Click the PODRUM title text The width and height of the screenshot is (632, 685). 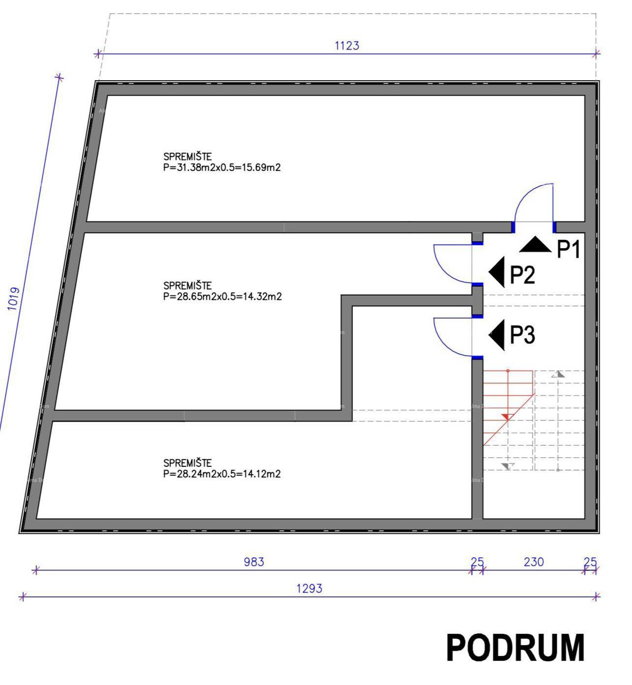(515, 648)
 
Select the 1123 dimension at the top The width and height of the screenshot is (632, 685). (347, 46)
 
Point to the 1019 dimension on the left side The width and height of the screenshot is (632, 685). (14, 299)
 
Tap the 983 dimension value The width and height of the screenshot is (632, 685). (254, 562)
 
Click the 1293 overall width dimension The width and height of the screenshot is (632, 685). (309, 588)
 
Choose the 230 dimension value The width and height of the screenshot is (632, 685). (534, 562)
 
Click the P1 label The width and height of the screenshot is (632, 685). (569, 249)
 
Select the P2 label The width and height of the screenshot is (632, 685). (522, 275)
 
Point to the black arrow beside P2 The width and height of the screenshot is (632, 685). (498, 272)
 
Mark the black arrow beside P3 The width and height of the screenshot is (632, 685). (498, 335)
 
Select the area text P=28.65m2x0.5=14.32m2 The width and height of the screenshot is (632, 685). (222, 297)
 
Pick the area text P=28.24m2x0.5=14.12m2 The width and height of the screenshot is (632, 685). (222, 474)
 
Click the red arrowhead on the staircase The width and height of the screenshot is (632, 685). (507, 417)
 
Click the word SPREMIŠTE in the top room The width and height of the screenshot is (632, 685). (187, 156)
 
